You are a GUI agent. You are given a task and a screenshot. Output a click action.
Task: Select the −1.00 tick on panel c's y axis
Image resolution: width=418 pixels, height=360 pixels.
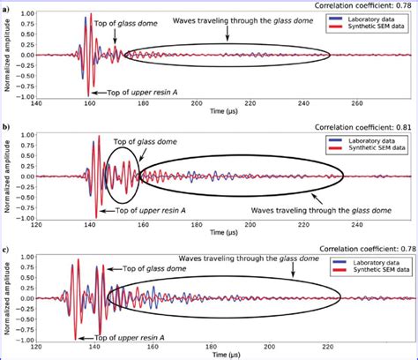23,340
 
